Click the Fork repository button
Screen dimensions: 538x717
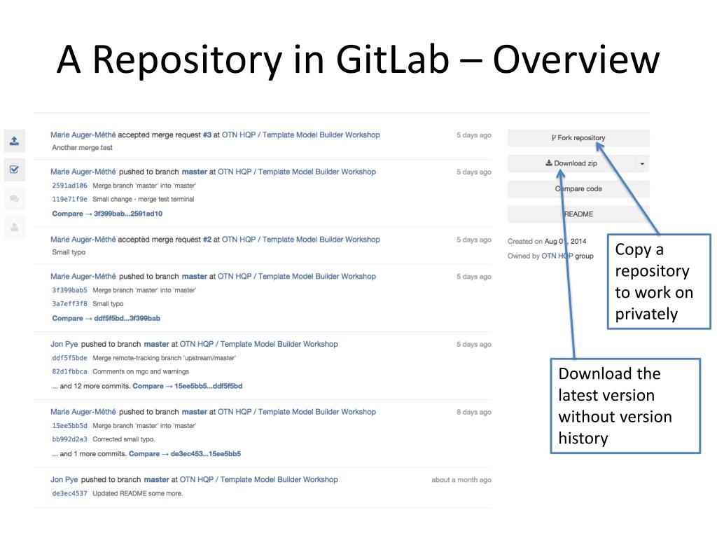(x=578, y=138)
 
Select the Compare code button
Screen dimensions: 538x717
(x=578, y=188)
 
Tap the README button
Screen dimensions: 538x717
(x=578, y=214)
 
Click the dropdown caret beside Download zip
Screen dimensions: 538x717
(x=642, y=164)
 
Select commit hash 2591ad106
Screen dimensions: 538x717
(x=69, y=186)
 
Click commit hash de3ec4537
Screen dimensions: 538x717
(x=69, y=493)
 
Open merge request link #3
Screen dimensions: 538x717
(x=207, y=134)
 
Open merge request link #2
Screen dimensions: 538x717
(x=207, y=239)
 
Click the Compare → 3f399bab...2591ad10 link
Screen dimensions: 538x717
(x=107, y=214)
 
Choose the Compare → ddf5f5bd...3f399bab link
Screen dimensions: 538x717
(x=106, y=318)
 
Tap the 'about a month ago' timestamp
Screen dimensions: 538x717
(x=461, y=480)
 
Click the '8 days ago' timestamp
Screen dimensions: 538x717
(x=474, y=412)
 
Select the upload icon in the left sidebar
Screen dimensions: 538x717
(x=14, y=140)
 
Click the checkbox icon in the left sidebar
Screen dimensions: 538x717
(x=14, y=170)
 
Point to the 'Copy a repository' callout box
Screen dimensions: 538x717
(x=658, y=282)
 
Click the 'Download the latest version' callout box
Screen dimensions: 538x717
(x=625, y=406)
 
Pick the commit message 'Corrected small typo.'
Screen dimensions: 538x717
(x=124, y=439)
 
